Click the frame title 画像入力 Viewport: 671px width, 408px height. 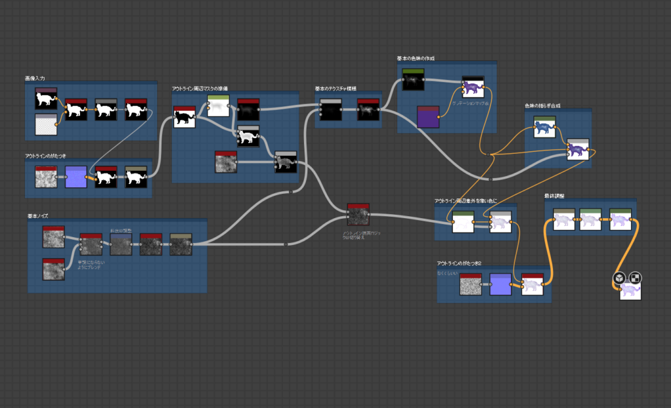pos(35,78)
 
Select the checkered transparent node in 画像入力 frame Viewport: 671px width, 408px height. pos(46,123)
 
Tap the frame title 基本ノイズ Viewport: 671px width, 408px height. pos(38,215)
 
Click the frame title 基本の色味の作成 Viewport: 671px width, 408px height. pos(415,58)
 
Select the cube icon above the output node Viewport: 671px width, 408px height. pos(619,278)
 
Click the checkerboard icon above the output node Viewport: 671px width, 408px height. pos(635,278)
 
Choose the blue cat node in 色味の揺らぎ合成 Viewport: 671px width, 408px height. pos(545,128)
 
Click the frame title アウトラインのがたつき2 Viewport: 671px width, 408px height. pos(459,263)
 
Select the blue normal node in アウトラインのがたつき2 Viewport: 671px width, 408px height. pos(501,284)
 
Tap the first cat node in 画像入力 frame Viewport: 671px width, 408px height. pos(46,98)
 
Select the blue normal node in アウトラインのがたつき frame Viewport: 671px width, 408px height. pos(76,177)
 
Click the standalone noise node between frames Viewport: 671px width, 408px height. pos(358,215)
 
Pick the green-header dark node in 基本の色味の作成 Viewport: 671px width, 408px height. pos(413,80)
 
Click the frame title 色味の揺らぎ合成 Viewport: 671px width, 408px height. pos(542,105)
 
